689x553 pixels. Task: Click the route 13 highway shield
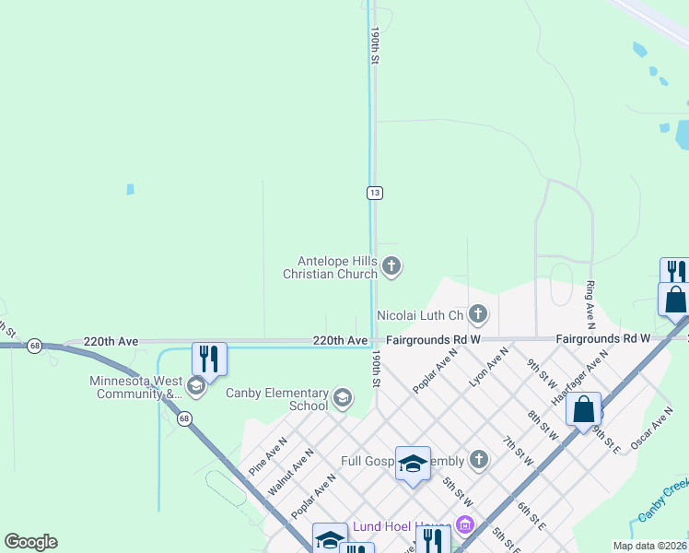374,193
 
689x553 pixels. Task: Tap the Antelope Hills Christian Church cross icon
391,267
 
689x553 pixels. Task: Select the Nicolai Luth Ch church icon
477,315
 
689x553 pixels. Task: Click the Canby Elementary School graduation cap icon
343,398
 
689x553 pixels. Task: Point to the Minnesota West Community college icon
195,386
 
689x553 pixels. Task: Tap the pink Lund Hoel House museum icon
464,526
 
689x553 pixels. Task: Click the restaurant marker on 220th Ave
209,359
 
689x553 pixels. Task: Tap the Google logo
30,542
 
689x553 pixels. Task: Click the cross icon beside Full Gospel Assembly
478,459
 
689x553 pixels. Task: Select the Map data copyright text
648,545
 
